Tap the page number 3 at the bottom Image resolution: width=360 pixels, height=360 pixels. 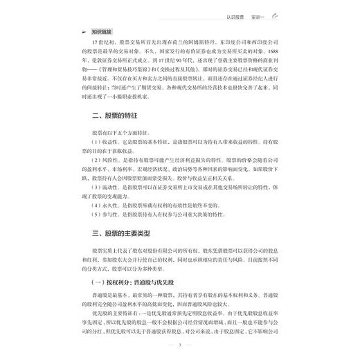(179, 345)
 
